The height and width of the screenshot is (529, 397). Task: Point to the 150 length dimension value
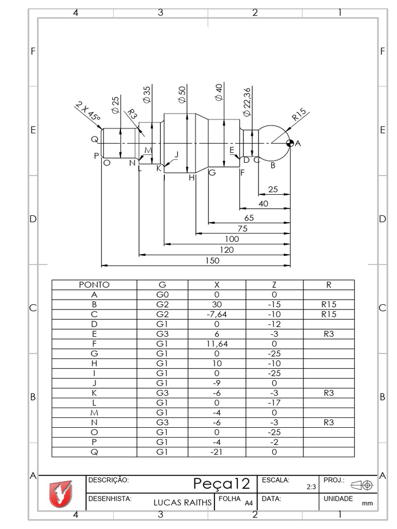click(x=212, y=261)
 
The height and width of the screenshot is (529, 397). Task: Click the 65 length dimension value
click(x=249, y=218)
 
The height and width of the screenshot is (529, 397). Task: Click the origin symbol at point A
click(x=290, y=143)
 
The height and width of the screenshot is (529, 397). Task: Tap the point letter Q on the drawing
click(x=95, y=139)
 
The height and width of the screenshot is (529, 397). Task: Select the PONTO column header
click(x=94, y=285)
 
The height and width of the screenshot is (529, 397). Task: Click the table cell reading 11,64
click(x=217, y=344)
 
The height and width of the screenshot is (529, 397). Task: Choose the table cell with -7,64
click(x=217, y=314)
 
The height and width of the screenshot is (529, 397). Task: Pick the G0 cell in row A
click(x=162, y=294)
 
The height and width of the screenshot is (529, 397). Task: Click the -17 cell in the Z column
click(x=274, y=403)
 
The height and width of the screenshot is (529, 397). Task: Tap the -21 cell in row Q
click(x=217, y=452)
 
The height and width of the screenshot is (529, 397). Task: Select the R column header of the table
click(x=329, y=285)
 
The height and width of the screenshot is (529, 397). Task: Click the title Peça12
click(x=222, y=484)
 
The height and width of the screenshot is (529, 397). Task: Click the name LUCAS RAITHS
click(x=183, y=502)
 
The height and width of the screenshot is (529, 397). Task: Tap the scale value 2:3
click(x=311, y=487)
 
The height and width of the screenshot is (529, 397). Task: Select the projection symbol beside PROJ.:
click(x=362, y=485)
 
